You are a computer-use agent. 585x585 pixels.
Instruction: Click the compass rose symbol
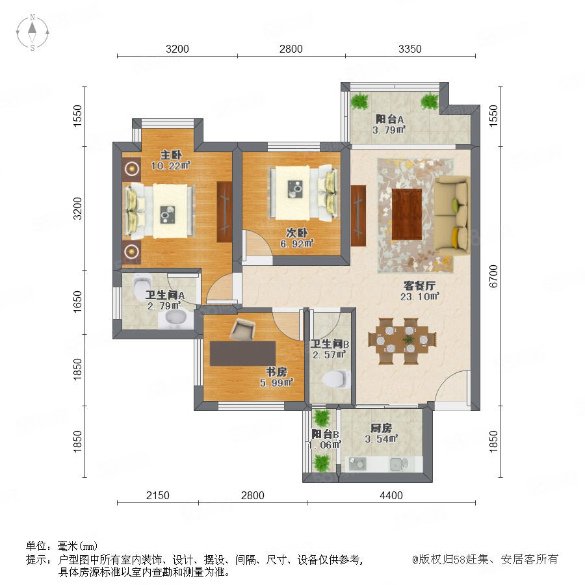pyautogui.click(x=32, y=32)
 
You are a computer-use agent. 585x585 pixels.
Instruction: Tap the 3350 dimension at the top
pyautogui.click(x=409, y=49)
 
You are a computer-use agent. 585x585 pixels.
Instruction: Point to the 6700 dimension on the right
pyautogui.click(x=493, y=276)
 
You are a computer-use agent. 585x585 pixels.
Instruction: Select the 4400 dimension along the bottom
pyautogui.click(x=391, y=495)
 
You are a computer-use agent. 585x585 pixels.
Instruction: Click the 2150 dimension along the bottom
pyautogui.click(x=157, y=495)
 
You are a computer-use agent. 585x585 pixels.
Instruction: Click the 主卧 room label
pyautogui.click(x=171, y=155)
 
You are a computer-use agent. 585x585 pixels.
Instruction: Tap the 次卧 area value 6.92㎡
pyautogui.click(x=297, y=244)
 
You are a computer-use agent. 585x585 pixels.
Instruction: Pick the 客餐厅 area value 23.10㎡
pyautogui.click(x=420, y=296)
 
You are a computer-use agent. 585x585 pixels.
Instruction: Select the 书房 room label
pyautogui.click(x=276, y=372)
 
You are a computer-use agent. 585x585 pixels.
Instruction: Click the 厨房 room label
pyautogui.click(x=381, y=428)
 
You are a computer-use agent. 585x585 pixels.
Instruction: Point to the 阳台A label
pyautogui.click(x=389, y=120)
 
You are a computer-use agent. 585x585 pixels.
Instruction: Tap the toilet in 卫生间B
pyautogui.click(x=337, y=379)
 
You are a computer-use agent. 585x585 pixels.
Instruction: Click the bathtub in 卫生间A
pyautogui.click(x=175, y=319)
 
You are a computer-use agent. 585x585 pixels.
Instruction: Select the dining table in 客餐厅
pyautogui.click(x=402, y=341)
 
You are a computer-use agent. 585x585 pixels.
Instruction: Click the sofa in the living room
pyautogui.click(x=452, y=216)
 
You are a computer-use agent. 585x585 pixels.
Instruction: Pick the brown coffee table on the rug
pyautogui.click(x=407, y=214)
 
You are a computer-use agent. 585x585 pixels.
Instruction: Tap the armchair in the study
pyautogui.click(x=242, y=329)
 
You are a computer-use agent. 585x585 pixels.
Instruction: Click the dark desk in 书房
pyautogui.click(x=242, y=354)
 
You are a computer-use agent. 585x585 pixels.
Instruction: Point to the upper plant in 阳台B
pyautogui.click(x=322, y=418)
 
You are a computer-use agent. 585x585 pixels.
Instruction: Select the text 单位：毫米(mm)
pyautogui.click(x=62, y=546)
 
